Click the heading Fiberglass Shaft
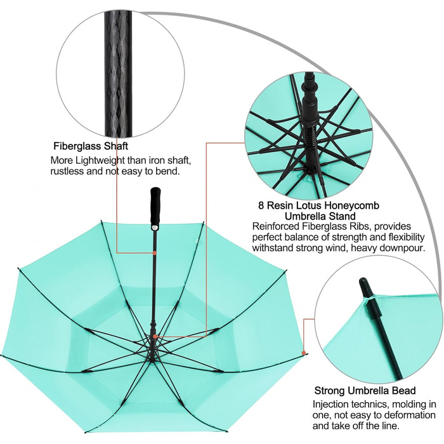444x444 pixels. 91,146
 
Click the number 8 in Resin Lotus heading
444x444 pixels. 261,206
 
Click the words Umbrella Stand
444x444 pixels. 320,216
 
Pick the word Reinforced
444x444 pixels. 276,226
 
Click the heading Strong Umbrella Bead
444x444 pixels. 365,391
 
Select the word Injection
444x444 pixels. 330,404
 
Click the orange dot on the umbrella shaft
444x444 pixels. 155,252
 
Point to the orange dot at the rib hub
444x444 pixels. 155,336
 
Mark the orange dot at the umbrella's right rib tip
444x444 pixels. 304,353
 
